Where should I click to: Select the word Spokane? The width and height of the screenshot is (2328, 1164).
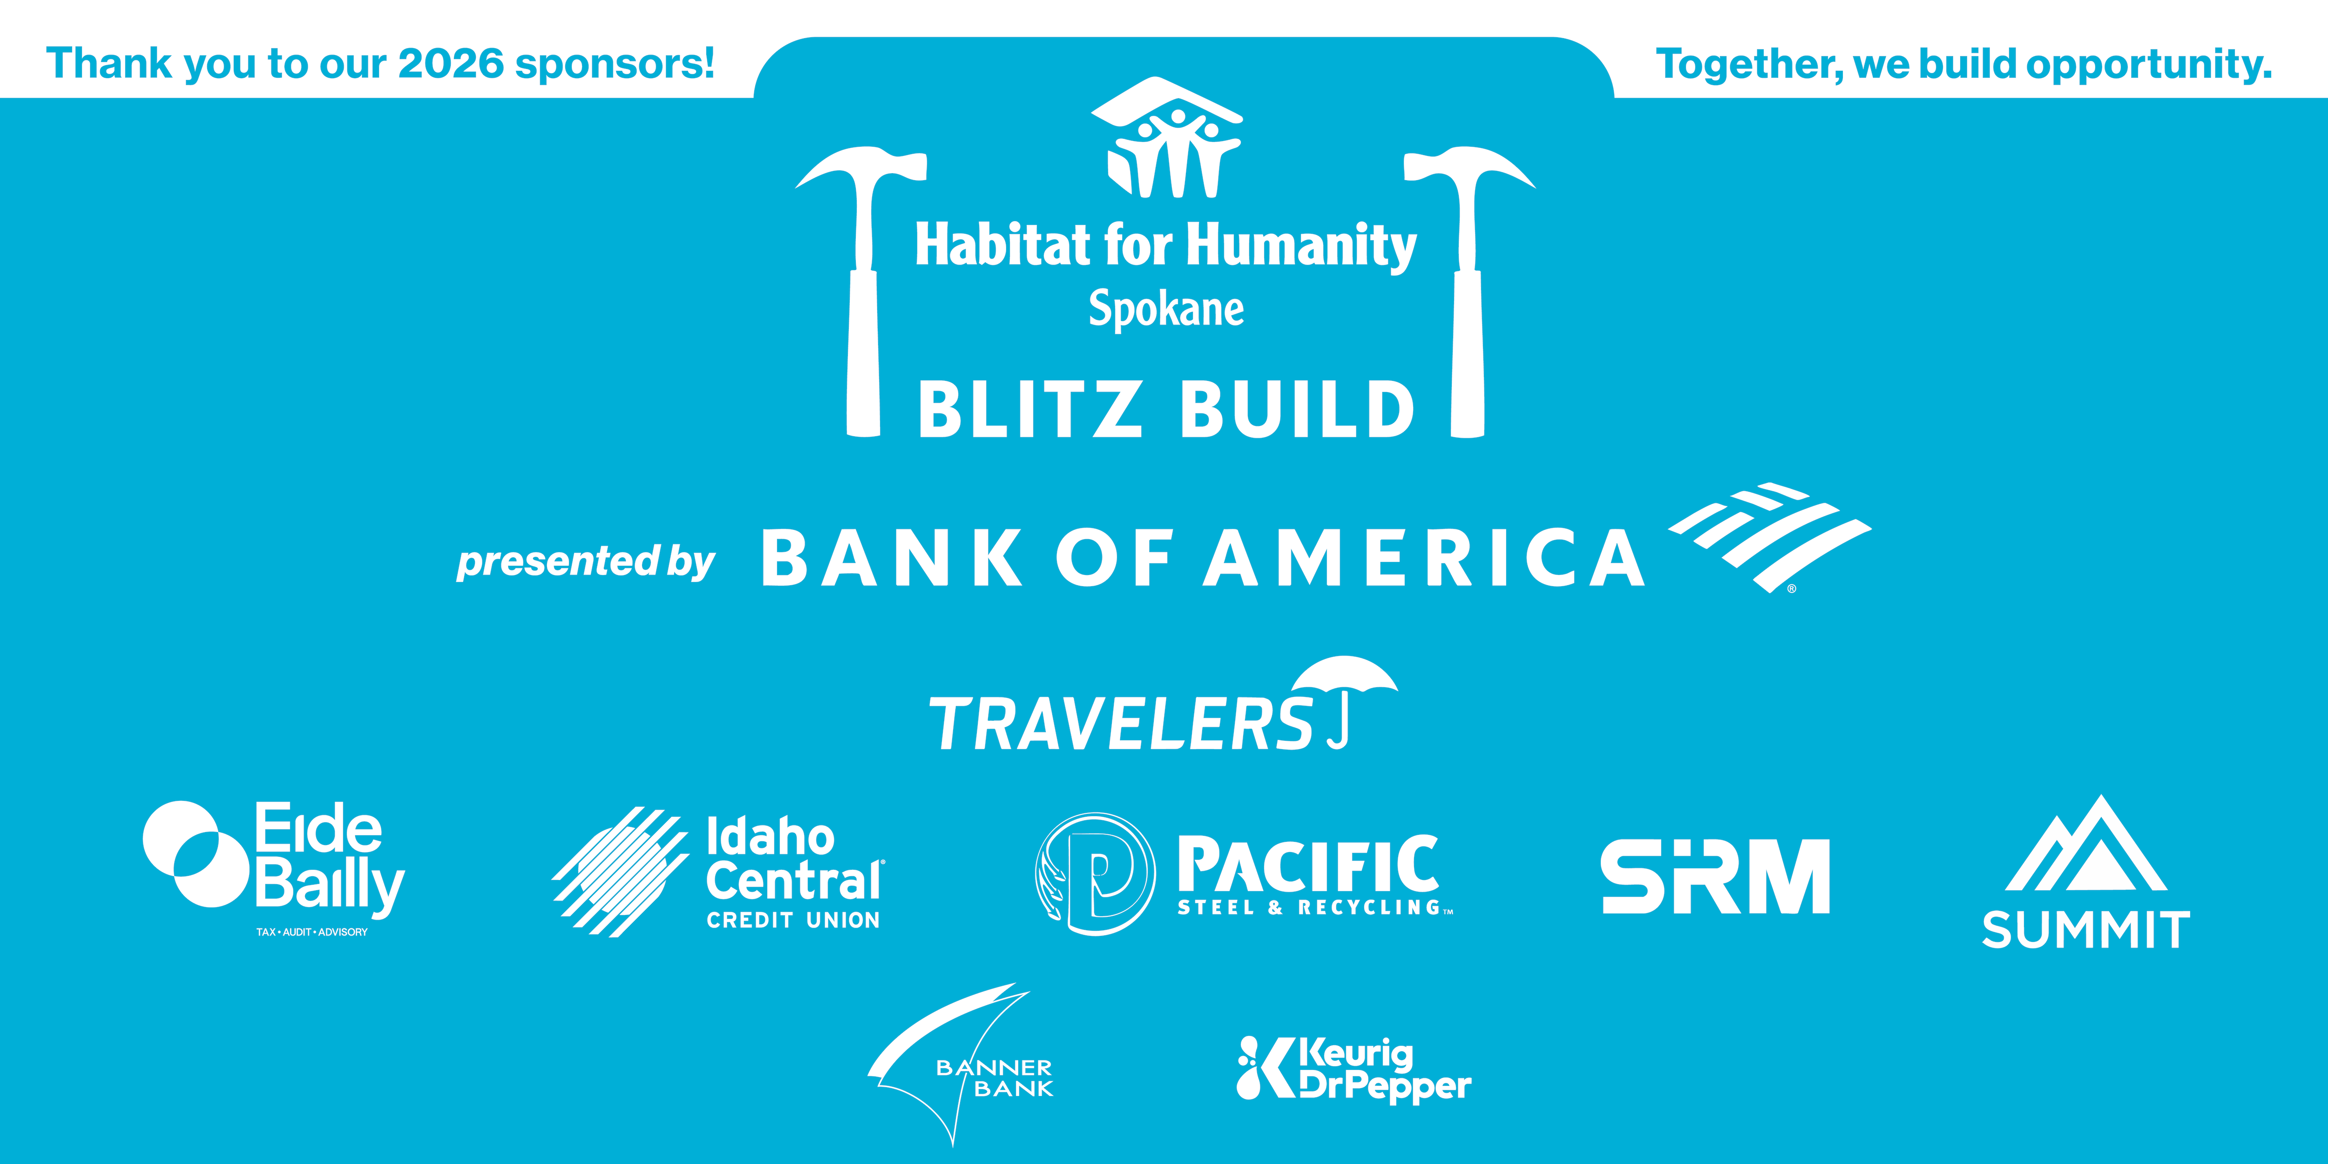[x=1166, y=309]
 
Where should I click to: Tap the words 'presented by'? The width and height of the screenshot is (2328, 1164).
[x=586, y=561]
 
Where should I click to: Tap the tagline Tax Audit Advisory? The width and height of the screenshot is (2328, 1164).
[x=312, y=932]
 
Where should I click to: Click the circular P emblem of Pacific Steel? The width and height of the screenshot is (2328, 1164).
[x=1095, y=874]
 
